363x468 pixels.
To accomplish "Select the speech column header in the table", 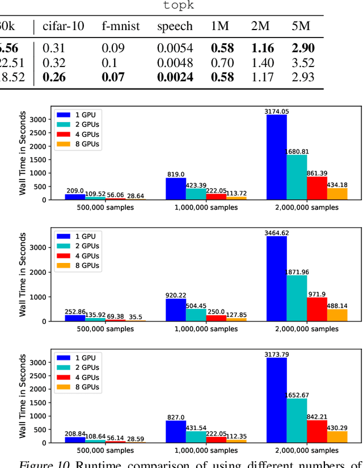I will (x=175, y=26).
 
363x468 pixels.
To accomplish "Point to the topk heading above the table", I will (x=179, y=6).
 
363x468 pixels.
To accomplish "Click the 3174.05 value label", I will (x=276, y=111).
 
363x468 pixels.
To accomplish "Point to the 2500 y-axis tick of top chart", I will (x=40, y=132).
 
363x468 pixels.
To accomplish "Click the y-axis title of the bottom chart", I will (x=23, y=397).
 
